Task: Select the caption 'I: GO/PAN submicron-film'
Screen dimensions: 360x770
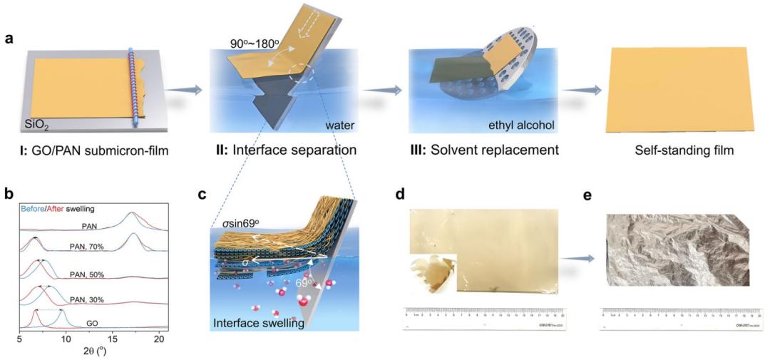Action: tap(86, 150)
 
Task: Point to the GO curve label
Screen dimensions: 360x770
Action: tap(92, 323)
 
